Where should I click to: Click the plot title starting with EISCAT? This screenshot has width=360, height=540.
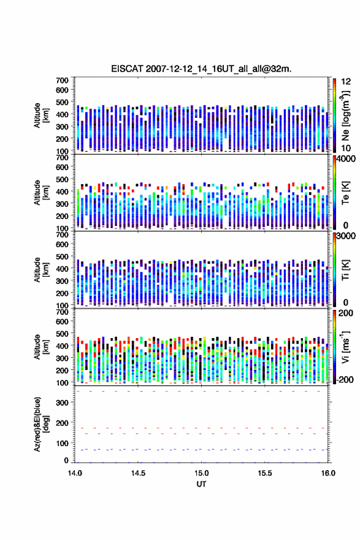[201, 69]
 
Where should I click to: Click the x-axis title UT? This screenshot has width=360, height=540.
[201, 484]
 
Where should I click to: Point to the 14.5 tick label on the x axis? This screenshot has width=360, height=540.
[138, 473]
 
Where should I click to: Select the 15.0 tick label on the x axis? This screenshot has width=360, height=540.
[201, 473]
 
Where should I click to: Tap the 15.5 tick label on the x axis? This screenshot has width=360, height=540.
[265, 473]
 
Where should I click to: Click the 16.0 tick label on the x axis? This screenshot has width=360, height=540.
[328, 473]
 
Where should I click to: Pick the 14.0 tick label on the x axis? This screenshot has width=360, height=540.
[75, 473]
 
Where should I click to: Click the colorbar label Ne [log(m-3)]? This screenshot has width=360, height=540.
[345, 116]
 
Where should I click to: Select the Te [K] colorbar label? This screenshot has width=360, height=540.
[345, 193]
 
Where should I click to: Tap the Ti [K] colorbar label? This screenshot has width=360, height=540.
[345, 271]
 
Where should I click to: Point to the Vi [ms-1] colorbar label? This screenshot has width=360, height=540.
[345, 347]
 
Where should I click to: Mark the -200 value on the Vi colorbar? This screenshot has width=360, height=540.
[345, 379]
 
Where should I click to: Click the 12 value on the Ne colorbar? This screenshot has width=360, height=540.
[346, 81]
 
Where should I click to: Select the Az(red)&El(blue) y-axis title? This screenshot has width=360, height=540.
[41, 424]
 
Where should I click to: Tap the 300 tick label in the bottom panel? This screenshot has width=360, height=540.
[63, 403]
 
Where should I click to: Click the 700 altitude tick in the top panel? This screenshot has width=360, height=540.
[63, 80]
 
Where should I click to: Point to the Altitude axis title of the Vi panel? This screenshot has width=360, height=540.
[41, 347]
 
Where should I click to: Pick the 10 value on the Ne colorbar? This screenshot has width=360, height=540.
[346, 148]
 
